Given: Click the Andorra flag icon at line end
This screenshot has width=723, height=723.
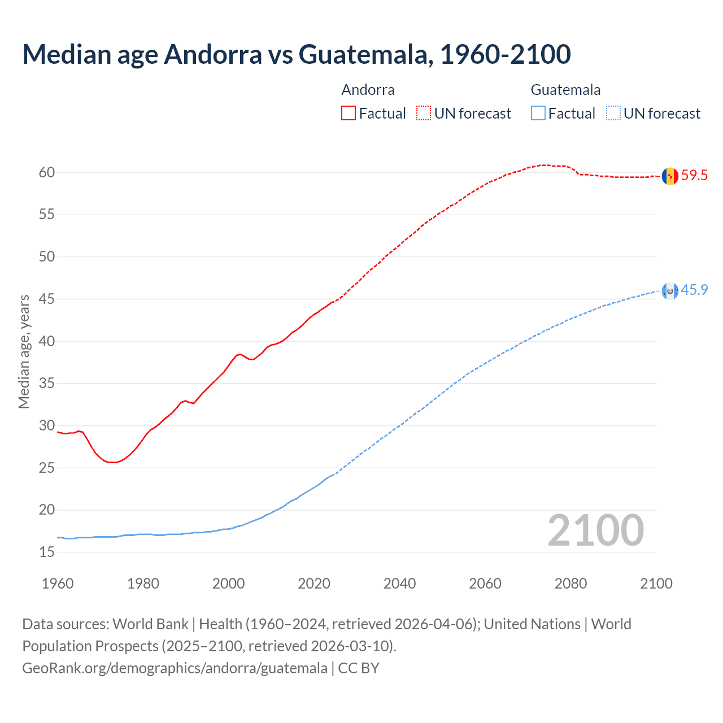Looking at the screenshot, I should point(670,176).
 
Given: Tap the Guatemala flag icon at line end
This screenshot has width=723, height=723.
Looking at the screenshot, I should point(670,291).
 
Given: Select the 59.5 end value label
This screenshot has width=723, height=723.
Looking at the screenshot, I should point(694,176).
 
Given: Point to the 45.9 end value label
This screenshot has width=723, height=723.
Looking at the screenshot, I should point(694,290).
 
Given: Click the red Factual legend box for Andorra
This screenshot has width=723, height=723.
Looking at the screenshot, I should point(349,114).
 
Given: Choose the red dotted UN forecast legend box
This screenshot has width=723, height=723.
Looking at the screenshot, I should point(424,114).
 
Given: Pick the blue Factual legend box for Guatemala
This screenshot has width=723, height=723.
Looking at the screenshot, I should point(538,114).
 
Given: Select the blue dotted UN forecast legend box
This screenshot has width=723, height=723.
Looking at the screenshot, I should point(613,114).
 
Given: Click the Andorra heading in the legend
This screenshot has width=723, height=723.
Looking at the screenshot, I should point(368,90).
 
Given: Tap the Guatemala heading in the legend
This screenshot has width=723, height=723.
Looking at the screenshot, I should point(565,90).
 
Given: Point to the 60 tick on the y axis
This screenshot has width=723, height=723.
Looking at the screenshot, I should point(47,173).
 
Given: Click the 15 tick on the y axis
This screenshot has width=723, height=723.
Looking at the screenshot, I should point(47,552).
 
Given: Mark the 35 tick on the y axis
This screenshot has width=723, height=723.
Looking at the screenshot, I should point(47,384).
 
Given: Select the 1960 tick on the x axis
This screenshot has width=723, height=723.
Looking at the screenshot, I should point(58,583).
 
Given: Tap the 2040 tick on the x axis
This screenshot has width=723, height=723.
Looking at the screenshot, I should point(399,583).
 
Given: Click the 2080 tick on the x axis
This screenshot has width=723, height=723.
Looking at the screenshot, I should point(570,583).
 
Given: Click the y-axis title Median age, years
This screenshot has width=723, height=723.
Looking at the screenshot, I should point(24,351).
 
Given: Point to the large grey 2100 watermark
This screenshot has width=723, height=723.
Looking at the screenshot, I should point(596,530).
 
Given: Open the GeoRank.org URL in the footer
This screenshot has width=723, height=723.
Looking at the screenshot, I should point(175,668).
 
